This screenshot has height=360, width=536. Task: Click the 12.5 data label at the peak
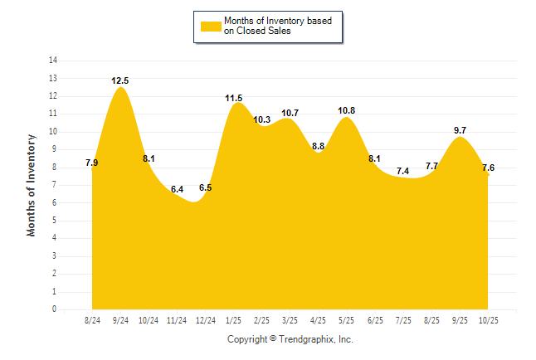[120, 80]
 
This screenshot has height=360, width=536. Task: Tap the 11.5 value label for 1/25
[234, 98]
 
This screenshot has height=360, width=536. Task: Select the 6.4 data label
[177, 190]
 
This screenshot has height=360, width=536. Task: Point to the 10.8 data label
[348, 110]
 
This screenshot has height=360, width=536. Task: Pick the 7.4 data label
[403, 171]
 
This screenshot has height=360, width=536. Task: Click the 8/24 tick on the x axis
[93, 320]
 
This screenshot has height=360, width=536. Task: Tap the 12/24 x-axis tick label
[206, 320]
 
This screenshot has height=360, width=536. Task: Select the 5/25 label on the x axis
[348, 320]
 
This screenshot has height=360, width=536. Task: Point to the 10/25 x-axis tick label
[489, 320]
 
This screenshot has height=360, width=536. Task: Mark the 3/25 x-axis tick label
[290, 320]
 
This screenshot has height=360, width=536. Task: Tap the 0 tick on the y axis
[55, 309]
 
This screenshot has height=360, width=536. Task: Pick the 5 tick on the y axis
[55, 221]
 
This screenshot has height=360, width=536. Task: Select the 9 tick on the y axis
[55, 149]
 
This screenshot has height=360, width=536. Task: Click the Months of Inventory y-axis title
[32, 185]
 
